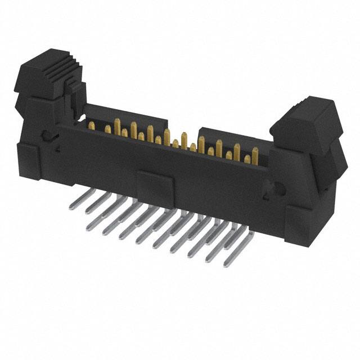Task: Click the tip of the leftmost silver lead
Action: (71, 207)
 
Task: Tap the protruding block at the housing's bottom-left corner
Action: (28, 161)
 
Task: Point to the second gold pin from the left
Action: (107, 129)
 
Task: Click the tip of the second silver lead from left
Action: (87, 212)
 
